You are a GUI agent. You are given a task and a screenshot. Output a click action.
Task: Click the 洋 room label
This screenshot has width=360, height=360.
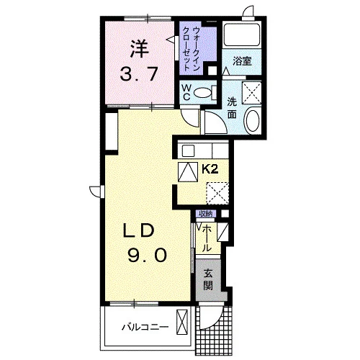click(x=140, y=49)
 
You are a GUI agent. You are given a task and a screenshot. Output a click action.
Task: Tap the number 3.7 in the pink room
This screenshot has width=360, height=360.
click(x=139, y=74)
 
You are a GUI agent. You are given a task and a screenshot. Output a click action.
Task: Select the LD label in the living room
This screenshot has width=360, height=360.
click(x=138, y=230)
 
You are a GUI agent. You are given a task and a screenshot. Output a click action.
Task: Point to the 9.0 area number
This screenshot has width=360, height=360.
click(x=147, y=255)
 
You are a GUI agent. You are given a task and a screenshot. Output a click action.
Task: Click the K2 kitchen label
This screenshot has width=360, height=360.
click(x=210, y=169)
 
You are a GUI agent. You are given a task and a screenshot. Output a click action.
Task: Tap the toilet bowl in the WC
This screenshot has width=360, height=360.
click(x=202, y=92)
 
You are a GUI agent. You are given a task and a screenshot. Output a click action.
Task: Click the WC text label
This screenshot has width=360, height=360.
click(x=186, y=92)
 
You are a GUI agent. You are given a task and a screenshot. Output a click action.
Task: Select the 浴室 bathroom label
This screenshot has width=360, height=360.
click(x=242, y=61)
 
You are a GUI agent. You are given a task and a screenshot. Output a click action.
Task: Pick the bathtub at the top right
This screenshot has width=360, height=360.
click(x=242, y=34)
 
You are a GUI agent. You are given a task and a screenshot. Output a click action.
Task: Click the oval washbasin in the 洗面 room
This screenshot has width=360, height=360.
click(x=253, y=120)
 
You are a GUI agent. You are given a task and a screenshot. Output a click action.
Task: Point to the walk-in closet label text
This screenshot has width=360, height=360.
click(x=192, y=49)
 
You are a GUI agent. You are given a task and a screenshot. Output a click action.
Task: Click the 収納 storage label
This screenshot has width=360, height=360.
click(x=206, y=214)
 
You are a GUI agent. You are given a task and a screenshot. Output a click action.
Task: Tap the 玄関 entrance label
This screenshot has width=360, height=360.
click(x=207, y=280)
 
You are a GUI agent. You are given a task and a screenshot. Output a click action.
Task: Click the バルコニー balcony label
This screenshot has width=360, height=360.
click(x=145, y=328)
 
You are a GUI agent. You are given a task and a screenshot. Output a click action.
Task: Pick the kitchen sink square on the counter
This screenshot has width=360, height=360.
click(x=188, y=151)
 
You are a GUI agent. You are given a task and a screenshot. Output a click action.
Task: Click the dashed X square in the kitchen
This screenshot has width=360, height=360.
click(x=217, y=193)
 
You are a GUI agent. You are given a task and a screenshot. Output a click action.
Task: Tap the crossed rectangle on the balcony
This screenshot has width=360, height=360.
click(x=182, y=322)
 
